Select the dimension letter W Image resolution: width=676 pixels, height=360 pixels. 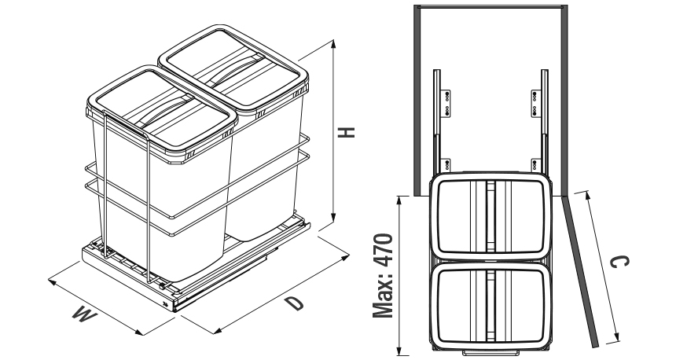tap(80, 314)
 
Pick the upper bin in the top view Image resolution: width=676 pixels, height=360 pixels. tap(488, 215)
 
